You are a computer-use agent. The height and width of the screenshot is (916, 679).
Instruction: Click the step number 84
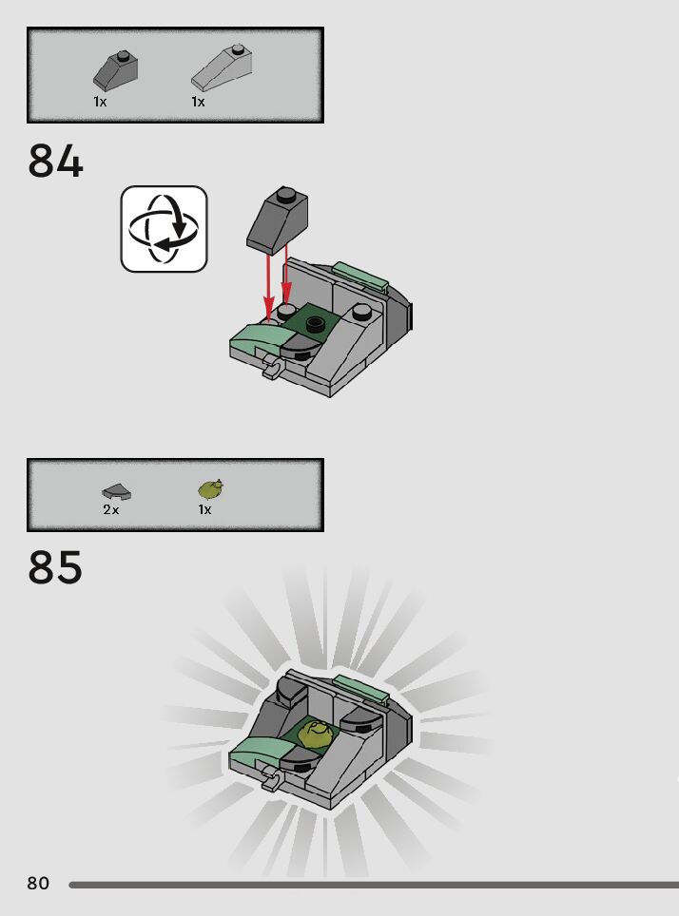(56, 162)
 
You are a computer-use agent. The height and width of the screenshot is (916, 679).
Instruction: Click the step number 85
(56, 568)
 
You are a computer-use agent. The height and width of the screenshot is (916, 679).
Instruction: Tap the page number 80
(38, 884)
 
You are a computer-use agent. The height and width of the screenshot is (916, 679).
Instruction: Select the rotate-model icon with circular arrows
(164, 229)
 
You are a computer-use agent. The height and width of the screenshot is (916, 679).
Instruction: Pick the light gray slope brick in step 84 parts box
(223, 66)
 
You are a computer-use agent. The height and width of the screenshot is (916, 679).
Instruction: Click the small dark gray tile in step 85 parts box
(116, 491)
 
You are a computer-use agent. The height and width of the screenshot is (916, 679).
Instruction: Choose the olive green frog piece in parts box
(211, 489)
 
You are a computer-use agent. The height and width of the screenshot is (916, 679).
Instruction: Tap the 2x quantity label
(111, 510)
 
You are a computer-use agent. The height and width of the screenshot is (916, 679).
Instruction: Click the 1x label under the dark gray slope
(100, 102)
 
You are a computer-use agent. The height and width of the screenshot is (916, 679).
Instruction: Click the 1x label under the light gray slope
(198, 102)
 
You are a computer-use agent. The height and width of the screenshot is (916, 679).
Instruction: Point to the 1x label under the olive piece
(204, 510)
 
